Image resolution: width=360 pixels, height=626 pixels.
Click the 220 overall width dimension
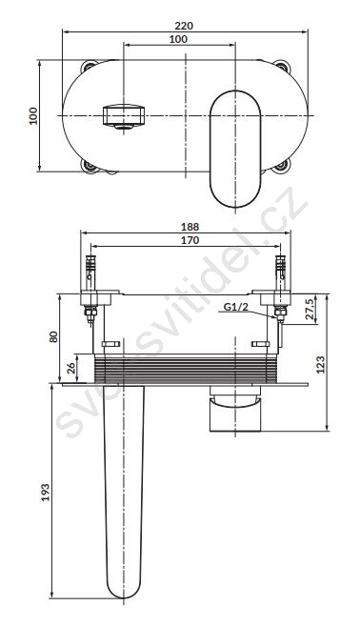tap(184, 26)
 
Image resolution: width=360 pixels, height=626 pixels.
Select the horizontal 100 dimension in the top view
tap(178, 39)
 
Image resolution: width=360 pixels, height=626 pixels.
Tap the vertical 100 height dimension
tap(33, 116)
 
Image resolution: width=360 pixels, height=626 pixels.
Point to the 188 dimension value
tap(190, 227)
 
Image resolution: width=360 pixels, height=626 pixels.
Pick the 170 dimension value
tap(190, 240)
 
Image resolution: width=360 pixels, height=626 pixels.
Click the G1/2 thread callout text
tap(235, 307)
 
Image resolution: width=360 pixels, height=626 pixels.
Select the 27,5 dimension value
tap(310, 309)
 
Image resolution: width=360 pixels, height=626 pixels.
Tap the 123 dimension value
tap(320, 364)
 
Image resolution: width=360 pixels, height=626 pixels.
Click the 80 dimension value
tap(53, 336)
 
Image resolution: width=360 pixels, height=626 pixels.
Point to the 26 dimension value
tap(71, 368)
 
